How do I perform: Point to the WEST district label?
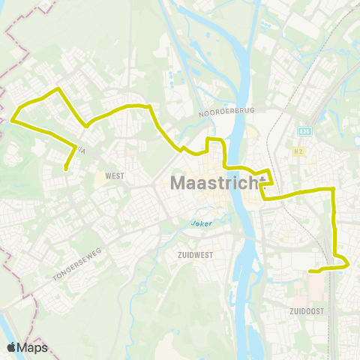(115, 176)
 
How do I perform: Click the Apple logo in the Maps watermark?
(11, 347)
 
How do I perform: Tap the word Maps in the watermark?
(32, 347)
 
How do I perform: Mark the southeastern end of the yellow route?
(310, 271)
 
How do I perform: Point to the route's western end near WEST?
(66, 169)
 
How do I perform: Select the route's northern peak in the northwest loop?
(58, 89)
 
